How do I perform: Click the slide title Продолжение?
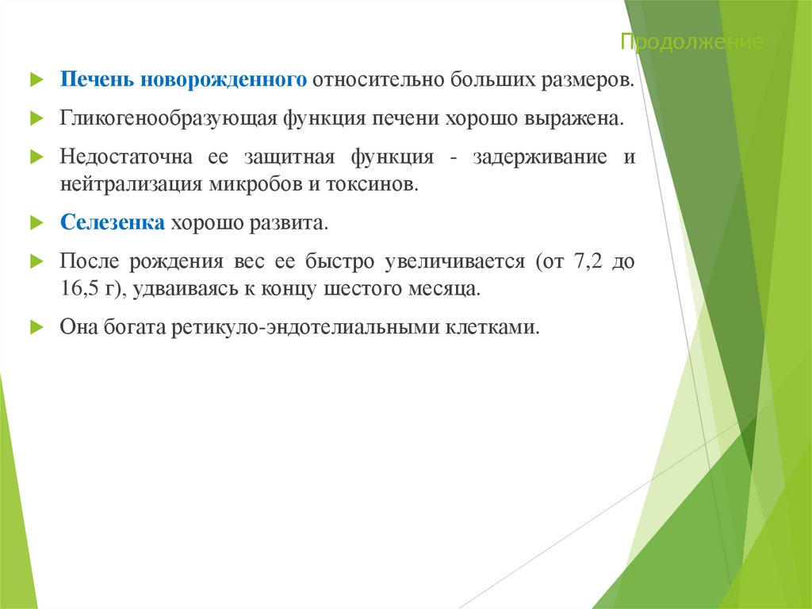[692, 42]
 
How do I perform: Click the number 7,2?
[585, 261]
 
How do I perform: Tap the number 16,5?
[79, 288]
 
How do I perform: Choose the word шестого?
[360, 288]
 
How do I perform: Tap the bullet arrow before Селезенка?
[35, 223]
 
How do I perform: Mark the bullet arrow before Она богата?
[35, 327]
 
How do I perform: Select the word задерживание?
[541, 157]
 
